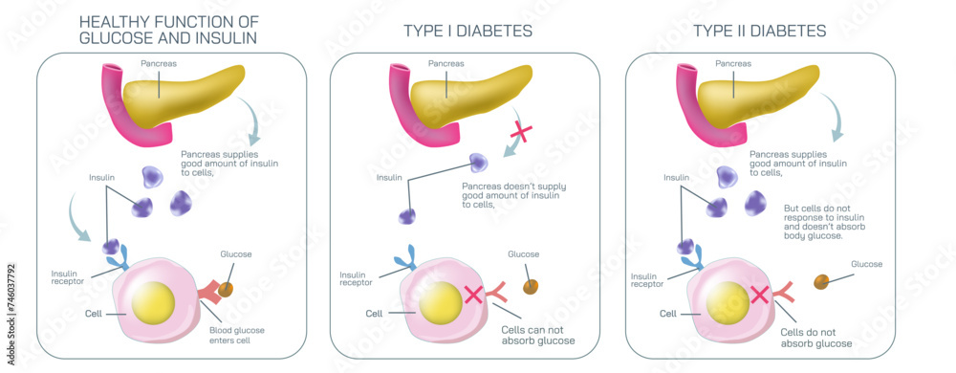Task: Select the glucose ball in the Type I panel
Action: tap(532, 286)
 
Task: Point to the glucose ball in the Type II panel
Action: tap(820, 281)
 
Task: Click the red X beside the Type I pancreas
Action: tap(522, 132)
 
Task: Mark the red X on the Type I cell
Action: tap(472, 293)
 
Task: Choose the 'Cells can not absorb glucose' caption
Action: tap(538, 335)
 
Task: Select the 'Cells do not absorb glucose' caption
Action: tap(816, 337)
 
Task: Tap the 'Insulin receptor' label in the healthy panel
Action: tap(70, 276)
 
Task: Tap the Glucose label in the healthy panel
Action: tap(236, 254)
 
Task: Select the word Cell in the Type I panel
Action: tap(374, 313)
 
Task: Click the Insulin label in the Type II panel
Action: tap(676, 178)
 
